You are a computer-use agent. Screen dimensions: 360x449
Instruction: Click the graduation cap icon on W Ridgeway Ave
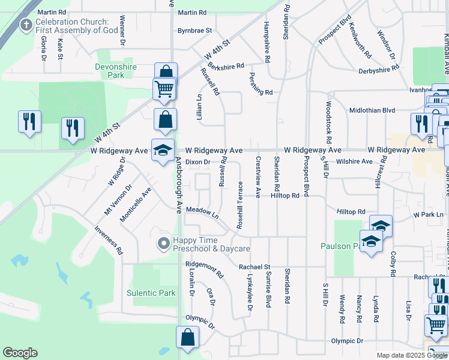(x=162, y=151)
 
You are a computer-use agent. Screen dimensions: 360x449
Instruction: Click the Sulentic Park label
(x=151, y=293)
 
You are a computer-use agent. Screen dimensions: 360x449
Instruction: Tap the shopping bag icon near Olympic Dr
(x=187, y=338)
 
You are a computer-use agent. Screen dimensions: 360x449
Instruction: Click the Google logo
(x=20, y=352)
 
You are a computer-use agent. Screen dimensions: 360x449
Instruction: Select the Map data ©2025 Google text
(x=411, y=355)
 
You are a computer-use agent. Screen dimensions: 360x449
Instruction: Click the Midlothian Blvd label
(x=372, y=110)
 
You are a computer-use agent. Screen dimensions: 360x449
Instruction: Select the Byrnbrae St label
(x=194, y=30)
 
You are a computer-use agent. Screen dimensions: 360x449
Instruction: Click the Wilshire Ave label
(x=355, y=161)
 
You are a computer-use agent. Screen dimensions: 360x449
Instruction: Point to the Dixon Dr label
(x=197, y=162)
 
